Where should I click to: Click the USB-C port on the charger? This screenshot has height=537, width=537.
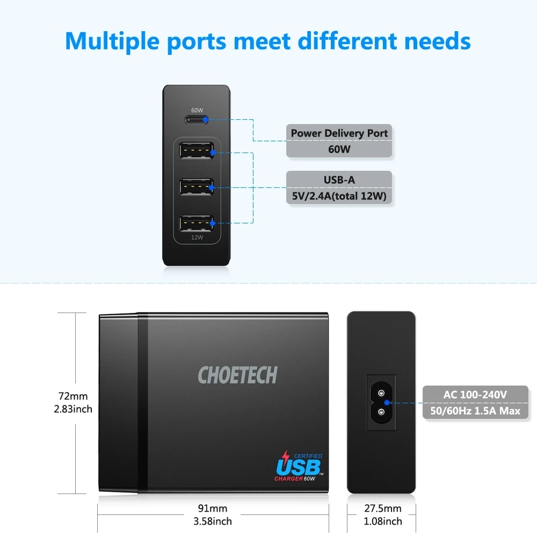(197, 120)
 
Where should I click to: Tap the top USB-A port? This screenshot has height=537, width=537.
(196, 151)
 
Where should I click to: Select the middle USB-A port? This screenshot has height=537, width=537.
(196, 187)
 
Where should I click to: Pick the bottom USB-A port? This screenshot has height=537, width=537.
(196, 223)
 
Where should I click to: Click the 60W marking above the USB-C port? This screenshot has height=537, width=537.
(197, 110)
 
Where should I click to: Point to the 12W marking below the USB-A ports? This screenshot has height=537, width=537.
(197, 237)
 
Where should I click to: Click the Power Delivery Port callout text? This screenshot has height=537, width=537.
(339, 133)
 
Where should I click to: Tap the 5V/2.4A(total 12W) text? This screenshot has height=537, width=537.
(339, 196)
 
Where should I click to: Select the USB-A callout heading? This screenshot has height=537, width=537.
(339, 180)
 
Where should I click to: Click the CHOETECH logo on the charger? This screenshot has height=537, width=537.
(238, 375)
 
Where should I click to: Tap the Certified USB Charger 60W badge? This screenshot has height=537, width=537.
(299, 466)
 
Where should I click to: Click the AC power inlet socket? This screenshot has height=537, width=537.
(381, 402)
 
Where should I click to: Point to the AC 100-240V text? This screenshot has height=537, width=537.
(475, 395)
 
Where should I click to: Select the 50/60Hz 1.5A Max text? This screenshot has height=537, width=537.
(475, 411)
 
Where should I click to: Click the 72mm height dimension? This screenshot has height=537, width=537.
(73, 396)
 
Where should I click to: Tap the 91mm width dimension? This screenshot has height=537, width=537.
(212, 509)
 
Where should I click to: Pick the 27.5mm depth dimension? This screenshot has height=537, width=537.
(382, 509)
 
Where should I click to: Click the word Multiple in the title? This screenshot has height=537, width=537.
(112, 42)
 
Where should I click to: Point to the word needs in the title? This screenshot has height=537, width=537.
(437, 41)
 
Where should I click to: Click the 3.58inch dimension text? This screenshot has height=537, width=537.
(212, 521)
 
